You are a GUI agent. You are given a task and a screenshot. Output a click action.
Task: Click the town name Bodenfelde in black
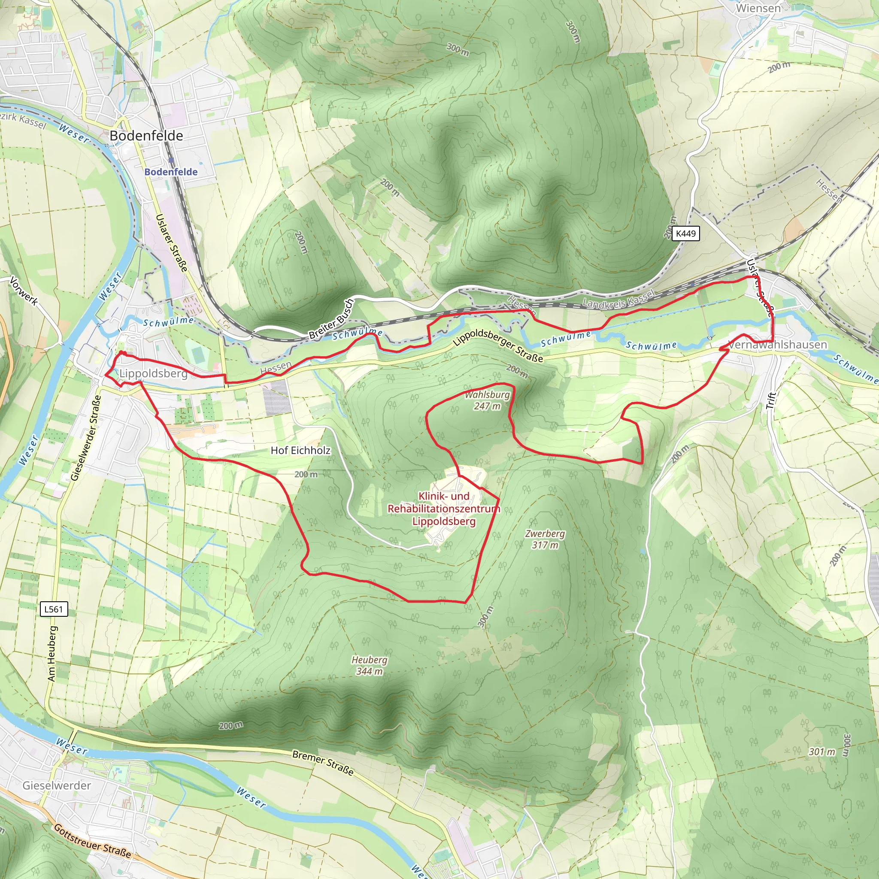point(146,136)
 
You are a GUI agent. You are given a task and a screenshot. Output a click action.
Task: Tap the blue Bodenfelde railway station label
point(171,172)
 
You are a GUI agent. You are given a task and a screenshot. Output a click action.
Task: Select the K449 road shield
point(685,233)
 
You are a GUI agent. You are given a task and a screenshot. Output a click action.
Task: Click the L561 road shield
point(54,609)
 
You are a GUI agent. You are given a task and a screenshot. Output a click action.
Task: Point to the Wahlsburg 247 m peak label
point(487,400)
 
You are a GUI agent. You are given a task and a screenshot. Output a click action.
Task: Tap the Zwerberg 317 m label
point(545,539)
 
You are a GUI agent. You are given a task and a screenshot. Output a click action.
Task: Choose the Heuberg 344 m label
point(369,665)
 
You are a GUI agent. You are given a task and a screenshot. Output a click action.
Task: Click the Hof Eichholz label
point(300,450)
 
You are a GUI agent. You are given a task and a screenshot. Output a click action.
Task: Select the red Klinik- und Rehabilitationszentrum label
point(444,509)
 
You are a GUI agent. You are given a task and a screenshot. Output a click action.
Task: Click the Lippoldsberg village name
point(153,373)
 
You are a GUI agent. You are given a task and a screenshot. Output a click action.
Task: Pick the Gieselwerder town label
point(57,785)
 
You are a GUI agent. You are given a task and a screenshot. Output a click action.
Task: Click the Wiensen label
point(758,8)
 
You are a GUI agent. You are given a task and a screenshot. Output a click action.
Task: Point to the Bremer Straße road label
point(323,762)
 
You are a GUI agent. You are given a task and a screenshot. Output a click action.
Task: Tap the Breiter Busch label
point(331,319)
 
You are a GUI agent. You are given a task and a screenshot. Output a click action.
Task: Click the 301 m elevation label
point(821,752)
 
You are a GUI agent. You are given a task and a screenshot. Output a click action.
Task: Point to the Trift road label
point(770,400)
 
